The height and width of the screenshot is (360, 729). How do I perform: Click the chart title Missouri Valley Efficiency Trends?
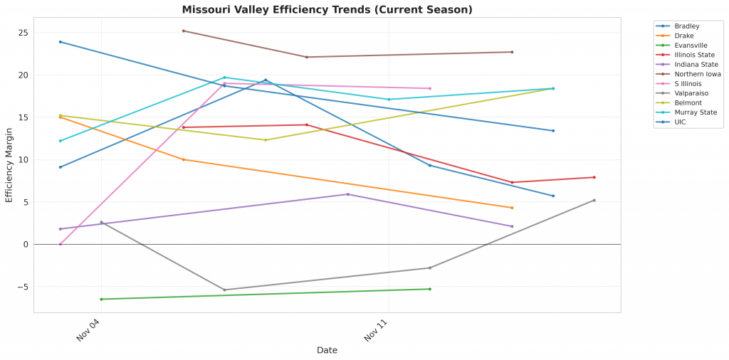pyautogui.click(x=327, y=10)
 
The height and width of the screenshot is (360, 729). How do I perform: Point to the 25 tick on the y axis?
pyautogui.click(x=23, y=33)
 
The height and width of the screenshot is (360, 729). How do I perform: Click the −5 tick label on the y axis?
pyautogui.click(x=22, y=287)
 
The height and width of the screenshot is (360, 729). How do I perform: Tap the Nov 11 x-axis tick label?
pyautogui.click(x=377, y=331)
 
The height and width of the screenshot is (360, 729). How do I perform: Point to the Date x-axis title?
pyautogui.click(x=327, y=350)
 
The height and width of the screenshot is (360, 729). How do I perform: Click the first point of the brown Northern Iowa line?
pyautogui.click(x=184, y=31)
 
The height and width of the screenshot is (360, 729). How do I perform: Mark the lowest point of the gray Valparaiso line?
pyautogui.click(x=224, y=290)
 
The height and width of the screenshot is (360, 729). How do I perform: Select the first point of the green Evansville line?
pyautogui.click(x=101, y=299)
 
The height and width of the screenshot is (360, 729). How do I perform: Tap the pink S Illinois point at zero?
pyautogui.click(x=61, y=244)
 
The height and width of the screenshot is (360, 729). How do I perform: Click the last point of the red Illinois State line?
pyautogui.click(x=594, y=177)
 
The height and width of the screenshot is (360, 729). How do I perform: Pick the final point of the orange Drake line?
pyautogui.click(x=512, y=208)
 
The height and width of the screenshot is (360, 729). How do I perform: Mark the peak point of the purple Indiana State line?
pyautogui.click(x=347, y=194)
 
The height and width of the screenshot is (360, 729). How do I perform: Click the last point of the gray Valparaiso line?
pyautogui.click(x=594, y=200)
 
